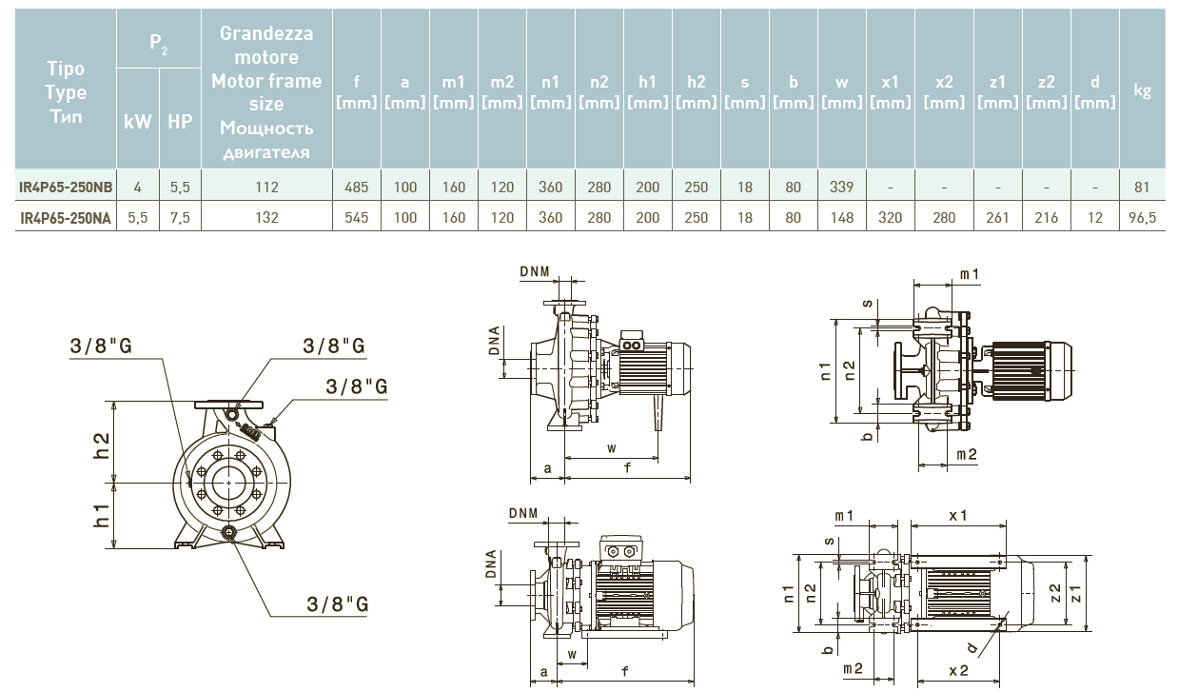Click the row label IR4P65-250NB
click(66, 188)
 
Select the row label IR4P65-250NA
click(66, 218)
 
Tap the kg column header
click(1143, 91)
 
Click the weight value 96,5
click(1143, 218)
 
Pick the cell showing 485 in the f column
click(356, 188)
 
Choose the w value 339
click(841, 188)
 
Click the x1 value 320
click(890, 218)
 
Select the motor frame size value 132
click(267, 218)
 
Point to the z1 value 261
click(997, 218)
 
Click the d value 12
click(1094, 218)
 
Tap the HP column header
click(180, 123)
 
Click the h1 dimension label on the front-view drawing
click(102, 517)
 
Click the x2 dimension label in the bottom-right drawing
click(958, 670)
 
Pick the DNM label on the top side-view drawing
click(535, 273)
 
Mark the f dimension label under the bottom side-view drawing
click(624, 671)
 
